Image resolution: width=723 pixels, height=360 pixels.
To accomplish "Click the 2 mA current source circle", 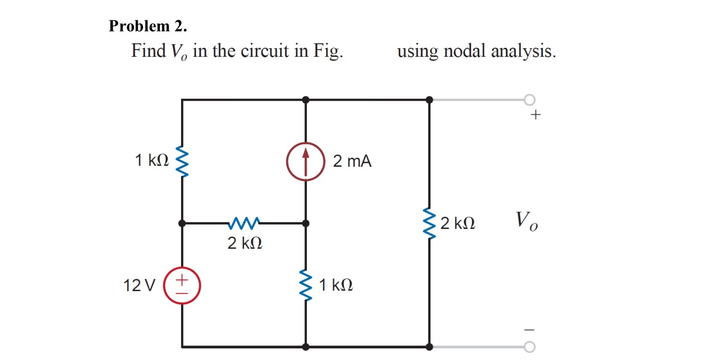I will [x=306, y=161].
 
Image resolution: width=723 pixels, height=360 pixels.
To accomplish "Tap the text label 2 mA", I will [x=352, y=161].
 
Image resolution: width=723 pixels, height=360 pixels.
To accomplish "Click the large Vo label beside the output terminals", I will [x=526, y=222].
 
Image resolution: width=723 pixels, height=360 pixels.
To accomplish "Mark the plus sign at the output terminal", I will [x=536, y=115].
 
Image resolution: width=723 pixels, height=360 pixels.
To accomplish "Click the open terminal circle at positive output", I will [x=529, y=100].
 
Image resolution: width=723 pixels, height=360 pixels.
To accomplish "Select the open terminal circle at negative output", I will [x=529, y=347].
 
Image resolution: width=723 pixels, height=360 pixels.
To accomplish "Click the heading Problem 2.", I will [x=148, y=26].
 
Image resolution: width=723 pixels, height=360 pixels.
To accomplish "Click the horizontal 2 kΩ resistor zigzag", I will [x=245, y=223].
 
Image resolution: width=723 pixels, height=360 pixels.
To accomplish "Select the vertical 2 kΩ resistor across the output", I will [x=429, y=223].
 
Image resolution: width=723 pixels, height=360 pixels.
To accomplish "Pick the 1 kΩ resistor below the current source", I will [x=305, y=285].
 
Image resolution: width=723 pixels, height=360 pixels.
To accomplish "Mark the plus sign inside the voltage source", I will [x=182, y=279].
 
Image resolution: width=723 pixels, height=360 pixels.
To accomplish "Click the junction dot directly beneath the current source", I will [x=306, y=223].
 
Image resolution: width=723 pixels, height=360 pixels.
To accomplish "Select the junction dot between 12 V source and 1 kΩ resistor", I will [x=182, y=223].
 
